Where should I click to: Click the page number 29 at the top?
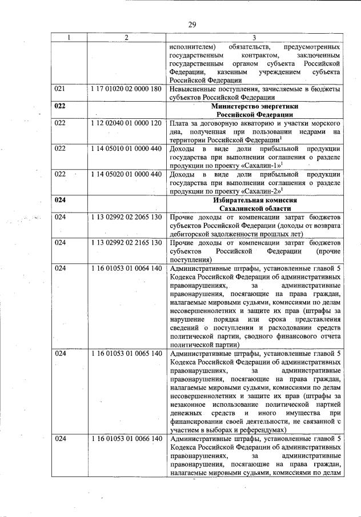(192, 24)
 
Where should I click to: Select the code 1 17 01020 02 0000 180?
(126, 90)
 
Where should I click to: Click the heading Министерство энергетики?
(255, 106)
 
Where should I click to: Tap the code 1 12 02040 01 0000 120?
(126, 123)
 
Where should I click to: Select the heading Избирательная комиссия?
(255, 201)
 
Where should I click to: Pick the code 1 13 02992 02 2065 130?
(126, 218)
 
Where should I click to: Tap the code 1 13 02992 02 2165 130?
(126, 243)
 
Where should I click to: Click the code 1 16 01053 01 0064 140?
(126, 268)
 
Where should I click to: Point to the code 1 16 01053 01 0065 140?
(126, 354)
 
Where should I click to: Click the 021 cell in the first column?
(60, 90)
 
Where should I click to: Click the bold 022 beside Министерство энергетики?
(60, 106)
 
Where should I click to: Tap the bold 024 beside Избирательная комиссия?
(60, 201)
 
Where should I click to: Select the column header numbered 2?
(126, 38)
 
